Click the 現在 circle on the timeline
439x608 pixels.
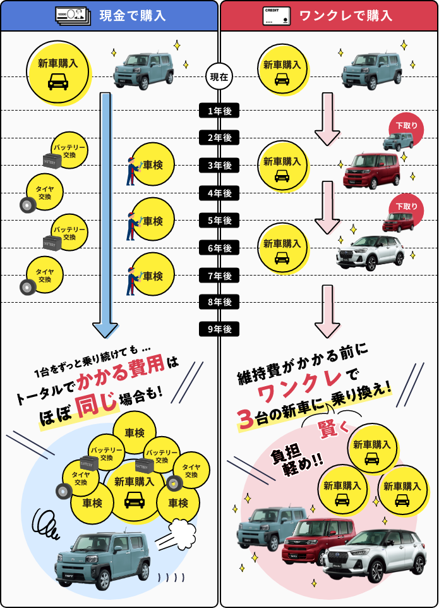tap(219, 77)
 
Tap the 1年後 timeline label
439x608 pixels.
tap(219, 111)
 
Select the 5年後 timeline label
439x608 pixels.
tap(219, 221)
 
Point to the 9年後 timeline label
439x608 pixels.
tap(219, 329)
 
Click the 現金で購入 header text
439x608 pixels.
tap(133, 16)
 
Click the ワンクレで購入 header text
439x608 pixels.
tap(346, 16)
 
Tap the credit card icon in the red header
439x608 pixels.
tap(276, 16)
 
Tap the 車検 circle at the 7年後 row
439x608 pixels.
tap(152, 276)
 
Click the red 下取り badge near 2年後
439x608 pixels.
tap(406, 126)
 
